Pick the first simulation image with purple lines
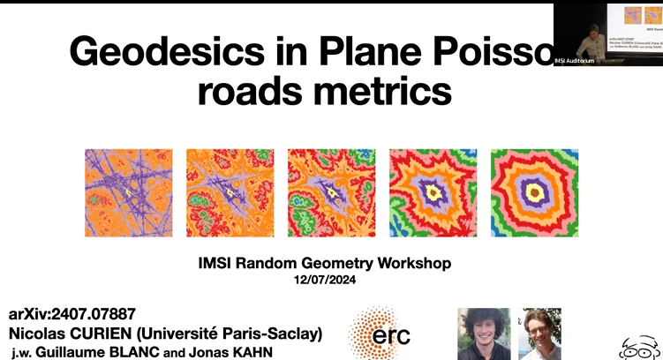129,192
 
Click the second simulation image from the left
230,192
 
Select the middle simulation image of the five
332,192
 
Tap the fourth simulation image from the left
433,192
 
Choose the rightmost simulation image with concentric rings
534,192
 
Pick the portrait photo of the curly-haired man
483,334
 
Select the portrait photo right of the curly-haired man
540,334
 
